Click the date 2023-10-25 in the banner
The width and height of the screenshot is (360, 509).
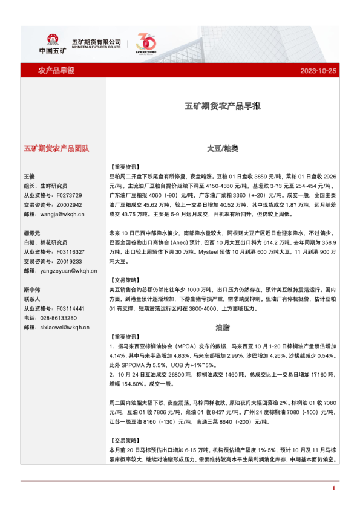click(318, 71)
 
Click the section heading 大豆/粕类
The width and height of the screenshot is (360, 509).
click(222, 148)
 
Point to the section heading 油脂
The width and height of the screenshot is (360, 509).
click(222, 328)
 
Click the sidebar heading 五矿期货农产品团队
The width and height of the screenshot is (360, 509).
click(56, 148)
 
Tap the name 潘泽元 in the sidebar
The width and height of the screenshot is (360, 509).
click(32, 233)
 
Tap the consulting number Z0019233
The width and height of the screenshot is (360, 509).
click(68, 261)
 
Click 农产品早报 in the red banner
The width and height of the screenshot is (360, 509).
click(56, 71)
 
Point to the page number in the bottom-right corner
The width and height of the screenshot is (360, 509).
click(333, 488)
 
